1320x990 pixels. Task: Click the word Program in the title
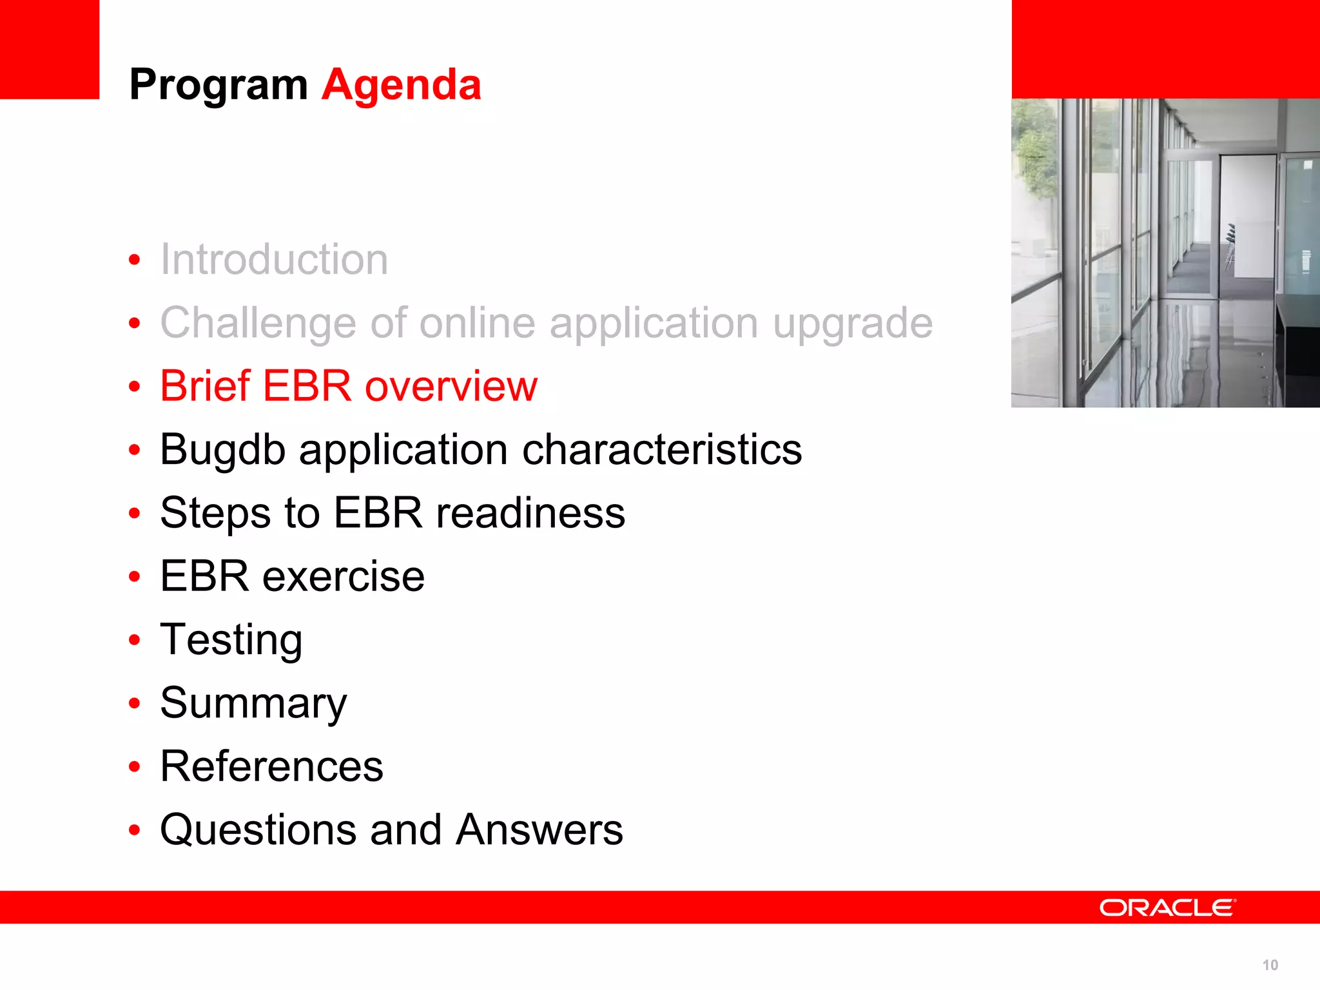(x=218, y=86)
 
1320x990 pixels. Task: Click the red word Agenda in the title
(x=401, y=84)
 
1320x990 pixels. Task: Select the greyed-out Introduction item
(x=274, y=260)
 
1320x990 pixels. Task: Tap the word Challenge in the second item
(x=258, y=323)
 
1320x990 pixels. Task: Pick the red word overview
(x=451, y=387)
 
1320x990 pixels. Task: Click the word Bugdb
(x=222, y=450)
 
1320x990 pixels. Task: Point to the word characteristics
(x=662, y=449)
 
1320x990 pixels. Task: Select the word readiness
(x=530, y=513)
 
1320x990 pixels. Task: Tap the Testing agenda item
(x=231, y=640)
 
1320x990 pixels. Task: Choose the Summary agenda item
(x=253, y=703)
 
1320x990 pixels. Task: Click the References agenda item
(x=271, y=766)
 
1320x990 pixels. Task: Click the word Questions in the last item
(x=258, y=830)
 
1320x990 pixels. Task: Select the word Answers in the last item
(x=539, y=830)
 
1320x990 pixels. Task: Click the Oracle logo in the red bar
(x=1167, y=907)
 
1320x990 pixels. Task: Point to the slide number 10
(x=1270, y=965)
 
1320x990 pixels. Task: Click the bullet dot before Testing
(x=134, y=640)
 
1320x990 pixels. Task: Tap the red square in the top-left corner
(x=49, y=49)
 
